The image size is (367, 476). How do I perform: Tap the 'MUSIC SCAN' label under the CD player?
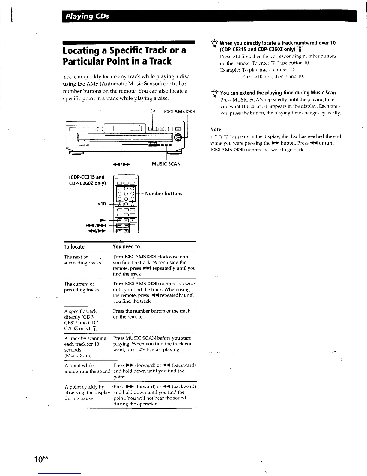point(166,164)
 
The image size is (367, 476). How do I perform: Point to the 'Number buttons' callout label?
point(164,194)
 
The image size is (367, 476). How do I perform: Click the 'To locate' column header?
point(74,247)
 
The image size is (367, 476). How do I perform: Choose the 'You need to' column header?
point(126,246)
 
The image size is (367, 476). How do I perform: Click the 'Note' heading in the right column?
point(216,130)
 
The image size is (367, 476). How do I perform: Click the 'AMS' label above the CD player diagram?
point(179,111)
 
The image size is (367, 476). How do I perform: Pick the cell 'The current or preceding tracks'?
point(81,287)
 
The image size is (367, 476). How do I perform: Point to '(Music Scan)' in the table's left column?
point(78,355)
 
